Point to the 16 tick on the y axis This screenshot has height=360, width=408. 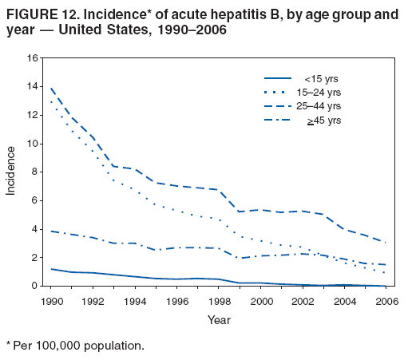32,58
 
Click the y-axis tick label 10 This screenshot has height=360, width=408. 32,144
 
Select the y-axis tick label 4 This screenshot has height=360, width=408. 35,229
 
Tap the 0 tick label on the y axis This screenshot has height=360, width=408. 35,286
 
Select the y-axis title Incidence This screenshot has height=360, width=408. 12,172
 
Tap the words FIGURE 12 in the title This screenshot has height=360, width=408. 34,14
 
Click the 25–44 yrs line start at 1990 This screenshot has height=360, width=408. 52,88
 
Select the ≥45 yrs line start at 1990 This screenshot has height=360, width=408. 52,231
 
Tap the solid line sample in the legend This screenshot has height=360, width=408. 277,78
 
